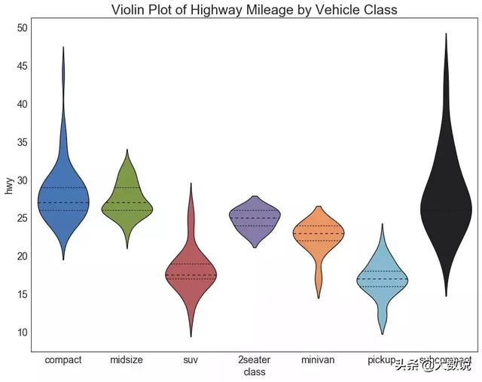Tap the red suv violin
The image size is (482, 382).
(x=191, y=274)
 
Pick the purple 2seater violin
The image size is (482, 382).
(x=255, y=217)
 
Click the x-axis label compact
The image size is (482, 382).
(x=63, y=360)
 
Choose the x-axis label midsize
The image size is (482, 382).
(x=127, y=360)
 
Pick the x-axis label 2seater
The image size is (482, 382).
(x=255, y=360)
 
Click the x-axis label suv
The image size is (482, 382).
(x=191, y=360)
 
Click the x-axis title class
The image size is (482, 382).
(x=255, y=372)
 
